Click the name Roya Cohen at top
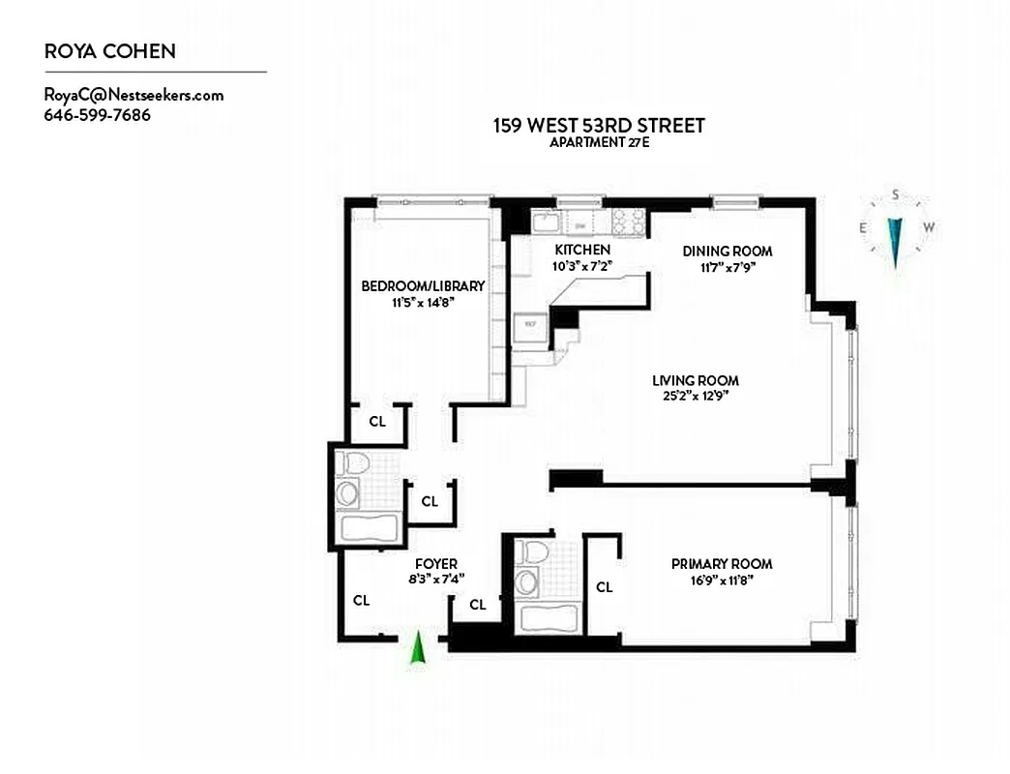(x=109, y=51)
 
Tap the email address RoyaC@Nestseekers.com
(x=134, y=95)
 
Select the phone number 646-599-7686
(x=97, y=115)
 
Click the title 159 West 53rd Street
(x=599, y=125)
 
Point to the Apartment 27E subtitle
(x=599, y=143)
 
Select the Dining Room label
(x=728, y=252)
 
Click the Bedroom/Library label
(x=423, y=286)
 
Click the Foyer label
(x=435, y=564)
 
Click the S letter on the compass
(x=896, y=194)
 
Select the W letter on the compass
(x=929, y=227)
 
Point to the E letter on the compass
(x=863, y=227)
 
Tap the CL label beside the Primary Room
(x=604, y=587)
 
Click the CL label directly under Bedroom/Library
(x=377, y=422)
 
